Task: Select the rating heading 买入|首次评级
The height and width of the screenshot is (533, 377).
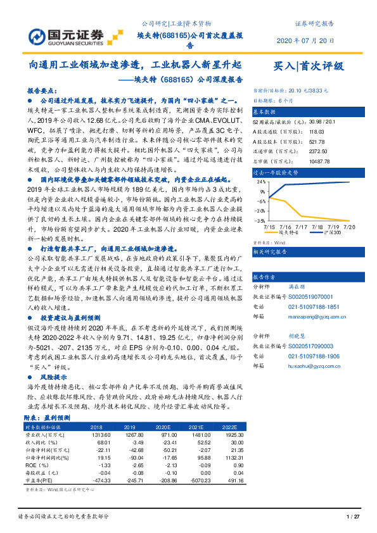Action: pyautogui.click(x=308, y=66)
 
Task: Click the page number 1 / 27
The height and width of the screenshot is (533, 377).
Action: pyautogui.click(x=353, y=518)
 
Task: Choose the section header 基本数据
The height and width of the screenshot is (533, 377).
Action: pyautogui.click(x=267, y=110)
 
